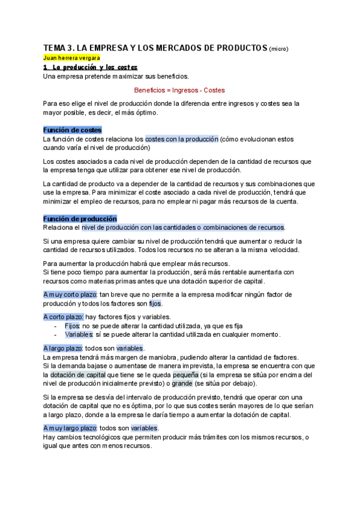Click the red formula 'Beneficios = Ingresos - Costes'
(x=179, y=89)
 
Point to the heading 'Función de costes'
(x=72, y=130)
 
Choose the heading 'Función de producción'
(x=80, y=218)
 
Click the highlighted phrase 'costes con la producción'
(x=181, y=139)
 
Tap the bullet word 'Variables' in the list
(x=79, y=334)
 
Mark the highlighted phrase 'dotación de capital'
(x=77, y=375)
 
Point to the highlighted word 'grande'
(x=182, y=384)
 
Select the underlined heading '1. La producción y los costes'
(x=90, y=67)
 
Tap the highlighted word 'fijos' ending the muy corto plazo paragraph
(x=155, y=304)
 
